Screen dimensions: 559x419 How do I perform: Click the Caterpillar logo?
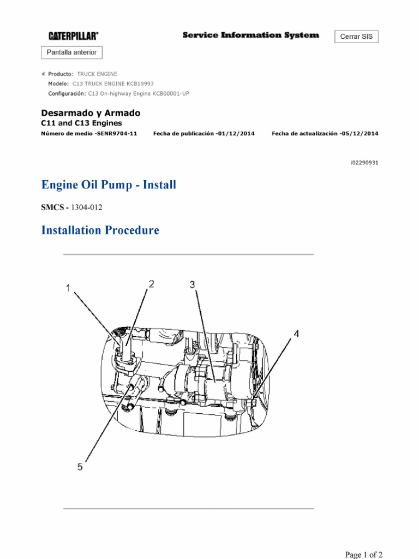[74, 36]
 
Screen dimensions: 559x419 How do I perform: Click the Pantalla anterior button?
[72, 52]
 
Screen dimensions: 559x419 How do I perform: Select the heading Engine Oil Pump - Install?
[109, 185]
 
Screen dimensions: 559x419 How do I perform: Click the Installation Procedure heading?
[100, 230]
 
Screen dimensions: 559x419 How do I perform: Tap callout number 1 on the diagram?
[69, 288]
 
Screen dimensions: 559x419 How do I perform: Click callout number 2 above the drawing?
[151, 283]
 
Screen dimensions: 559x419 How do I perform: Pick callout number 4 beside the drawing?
[296, 334]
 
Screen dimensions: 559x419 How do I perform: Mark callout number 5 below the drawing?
[80, 467]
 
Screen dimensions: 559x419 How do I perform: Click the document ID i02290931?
[364, 163]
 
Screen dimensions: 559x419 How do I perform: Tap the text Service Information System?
[250, 35]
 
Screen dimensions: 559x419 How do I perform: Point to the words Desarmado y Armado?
[91, 113]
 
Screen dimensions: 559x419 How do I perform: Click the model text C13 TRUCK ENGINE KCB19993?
[113, 84]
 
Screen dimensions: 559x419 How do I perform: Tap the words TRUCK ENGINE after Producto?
[97, 74]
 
